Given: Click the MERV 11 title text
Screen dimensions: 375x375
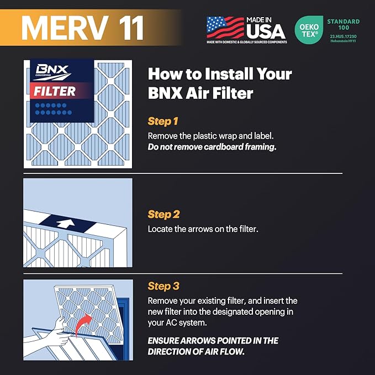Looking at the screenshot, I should [83, 26].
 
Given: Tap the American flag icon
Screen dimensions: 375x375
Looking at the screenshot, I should [225, 27].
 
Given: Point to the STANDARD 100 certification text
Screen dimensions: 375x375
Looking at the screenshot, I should [343, 24].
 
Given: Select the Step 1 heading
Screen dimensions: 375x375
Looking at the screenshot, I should [163, 121].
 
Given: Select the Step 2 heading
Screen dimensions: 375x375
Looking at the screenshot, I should [164, 214].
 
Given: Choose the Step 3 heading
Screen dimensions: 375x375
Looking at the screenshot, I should [164, 286].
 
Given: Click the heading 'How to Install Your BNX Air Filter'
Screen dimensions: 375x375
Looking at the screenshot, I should [219, 83].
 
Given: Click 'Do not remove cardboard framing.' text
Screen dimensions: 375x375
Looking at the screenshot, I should [212, 147].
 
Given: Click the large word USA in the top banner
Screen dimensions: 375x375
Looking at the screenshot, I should [266, 31].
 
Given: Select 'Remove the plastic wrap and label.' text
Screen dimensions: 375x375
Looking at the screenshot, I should [210, 136].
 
